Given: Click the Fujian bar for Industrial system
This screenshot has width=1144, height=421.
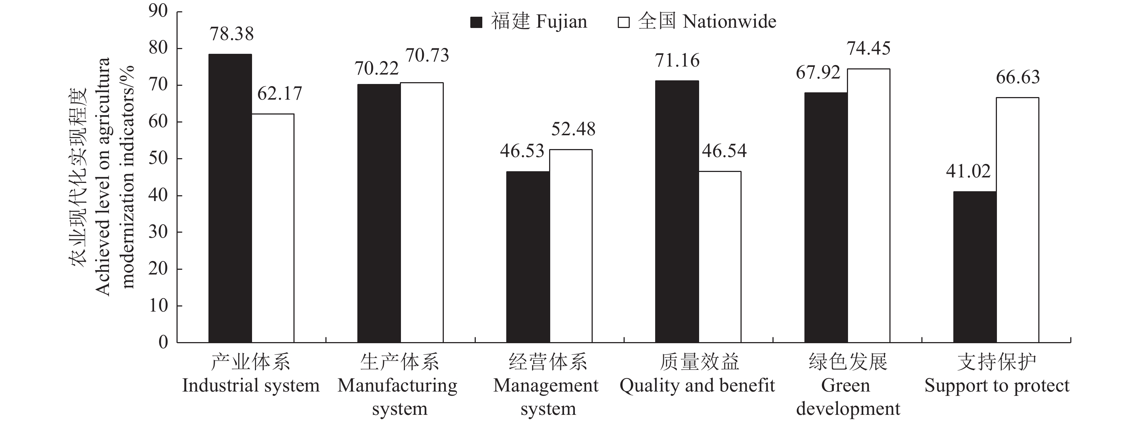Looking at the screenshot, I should (x=230, y=198).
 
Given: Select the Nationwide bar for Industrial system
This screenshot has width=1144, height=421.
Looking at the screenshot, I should (x=273, y=228).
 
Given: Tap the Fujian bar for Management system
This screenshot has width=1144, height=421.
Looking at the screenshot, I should (x=528, y=257).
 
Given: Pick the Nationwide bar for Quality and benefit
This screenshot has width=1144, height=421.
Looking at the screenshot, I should (x=720, y=257).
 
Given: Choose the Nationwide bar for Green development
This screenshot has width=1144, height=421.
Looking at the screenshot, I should (x=869, y=205).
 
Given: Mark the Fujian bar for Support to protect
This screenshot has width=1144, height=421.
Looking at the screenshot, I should (x=975, y=267).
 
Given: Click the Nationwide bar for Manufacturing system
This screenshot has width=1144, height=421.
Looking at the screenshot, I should (x=422, y=213).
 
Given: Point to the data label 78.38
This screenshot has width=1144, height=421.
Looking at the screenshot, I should (x=231, y=34).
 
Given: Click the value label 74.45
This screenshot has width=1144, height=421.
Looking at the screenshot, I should (x=868, y=48).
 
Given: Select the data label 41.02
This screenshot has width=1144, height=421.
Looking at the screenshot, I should (x=968, y=172).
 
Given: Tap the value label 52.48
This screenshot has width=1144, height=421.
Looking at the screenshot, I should (x=573, y=129).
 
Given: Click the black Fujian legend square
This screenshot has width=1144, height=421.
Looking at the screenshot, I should (x=476, y=22).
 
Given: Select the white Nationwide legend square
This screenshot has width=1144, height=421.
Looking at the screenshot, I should (x=624, y=22).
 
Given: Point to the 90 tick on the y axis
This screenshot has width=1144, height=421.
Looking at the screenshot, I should (x=158, y=12).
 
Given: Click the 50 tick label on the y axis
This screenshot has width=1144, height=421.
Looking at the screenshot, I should (x=158, y=159).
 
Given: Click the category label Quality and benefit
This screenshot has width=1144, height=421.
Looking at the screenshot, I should (x=697, y=385).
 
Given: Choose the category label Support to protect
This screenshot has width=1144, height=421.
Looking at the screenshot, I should (x=997, y=385).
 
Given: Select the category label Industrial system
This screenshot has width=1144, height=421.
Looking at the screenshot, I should (x=251, y=385).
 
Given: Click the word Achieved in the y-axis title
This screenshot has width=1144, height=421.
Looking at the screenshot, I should (x=103, y=271).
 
